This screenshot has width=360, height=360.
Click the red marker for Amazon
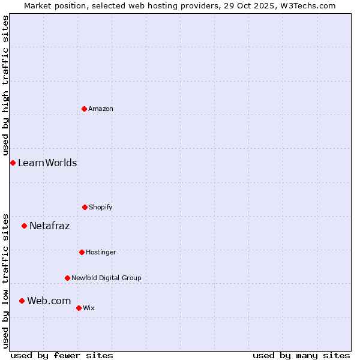point(84,109)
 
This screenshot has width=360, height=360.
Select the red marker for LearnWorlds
point(13,163)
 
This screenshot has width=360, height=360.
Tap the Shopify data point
point(85,207)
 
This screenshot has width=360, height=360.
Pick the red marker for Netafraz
point(24,226)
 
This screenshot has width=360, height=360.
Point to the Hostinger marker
point(82,252)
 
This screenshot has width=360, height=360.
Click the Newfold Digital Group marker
point(67,278)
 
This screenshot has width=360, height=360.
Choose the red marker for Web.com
point(22,301)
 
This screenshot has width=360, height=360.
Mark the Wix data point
point(79,308)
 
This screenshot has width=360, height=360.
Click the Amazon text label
point(101,109)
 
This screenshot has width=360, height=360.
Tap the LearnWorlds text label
point(47,163)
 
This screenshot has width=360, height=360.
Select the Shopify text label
point(101,208)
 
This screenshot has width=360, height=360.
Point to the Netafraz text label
point(50,226)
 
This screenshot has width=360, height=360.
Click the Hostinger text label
point(101,253)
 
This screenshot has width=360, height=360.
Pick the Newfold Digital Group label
point(106,278)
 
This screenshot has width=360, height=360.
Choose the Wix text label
point(89,308)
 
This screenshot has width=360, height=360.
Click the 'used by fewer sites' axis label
point(62,355)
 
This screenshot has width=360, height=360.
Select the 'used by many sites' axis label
point(301,355)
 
